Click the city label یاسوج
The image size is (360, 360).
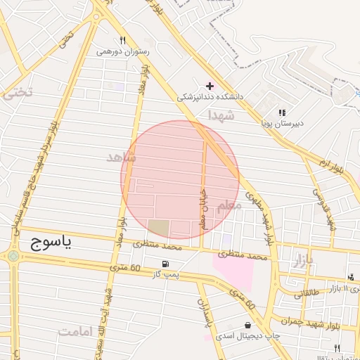(51, 243)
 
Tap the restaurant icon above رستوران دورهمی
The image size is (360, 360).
(123, 40)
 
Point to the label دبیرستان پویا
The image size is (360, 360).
(282, 123)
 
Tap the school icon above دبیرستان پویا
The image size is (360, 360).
(282, 112)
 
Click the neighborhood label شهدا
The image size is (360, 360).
(220, 115)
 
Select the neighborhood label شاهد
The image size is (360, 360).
(120, 157)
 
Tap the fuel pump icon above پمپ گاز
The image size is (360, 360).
(165, 264)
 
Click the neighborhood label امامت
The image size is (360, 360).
(77, 332)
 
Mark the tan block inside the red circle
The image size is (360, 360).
(158, 228)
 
